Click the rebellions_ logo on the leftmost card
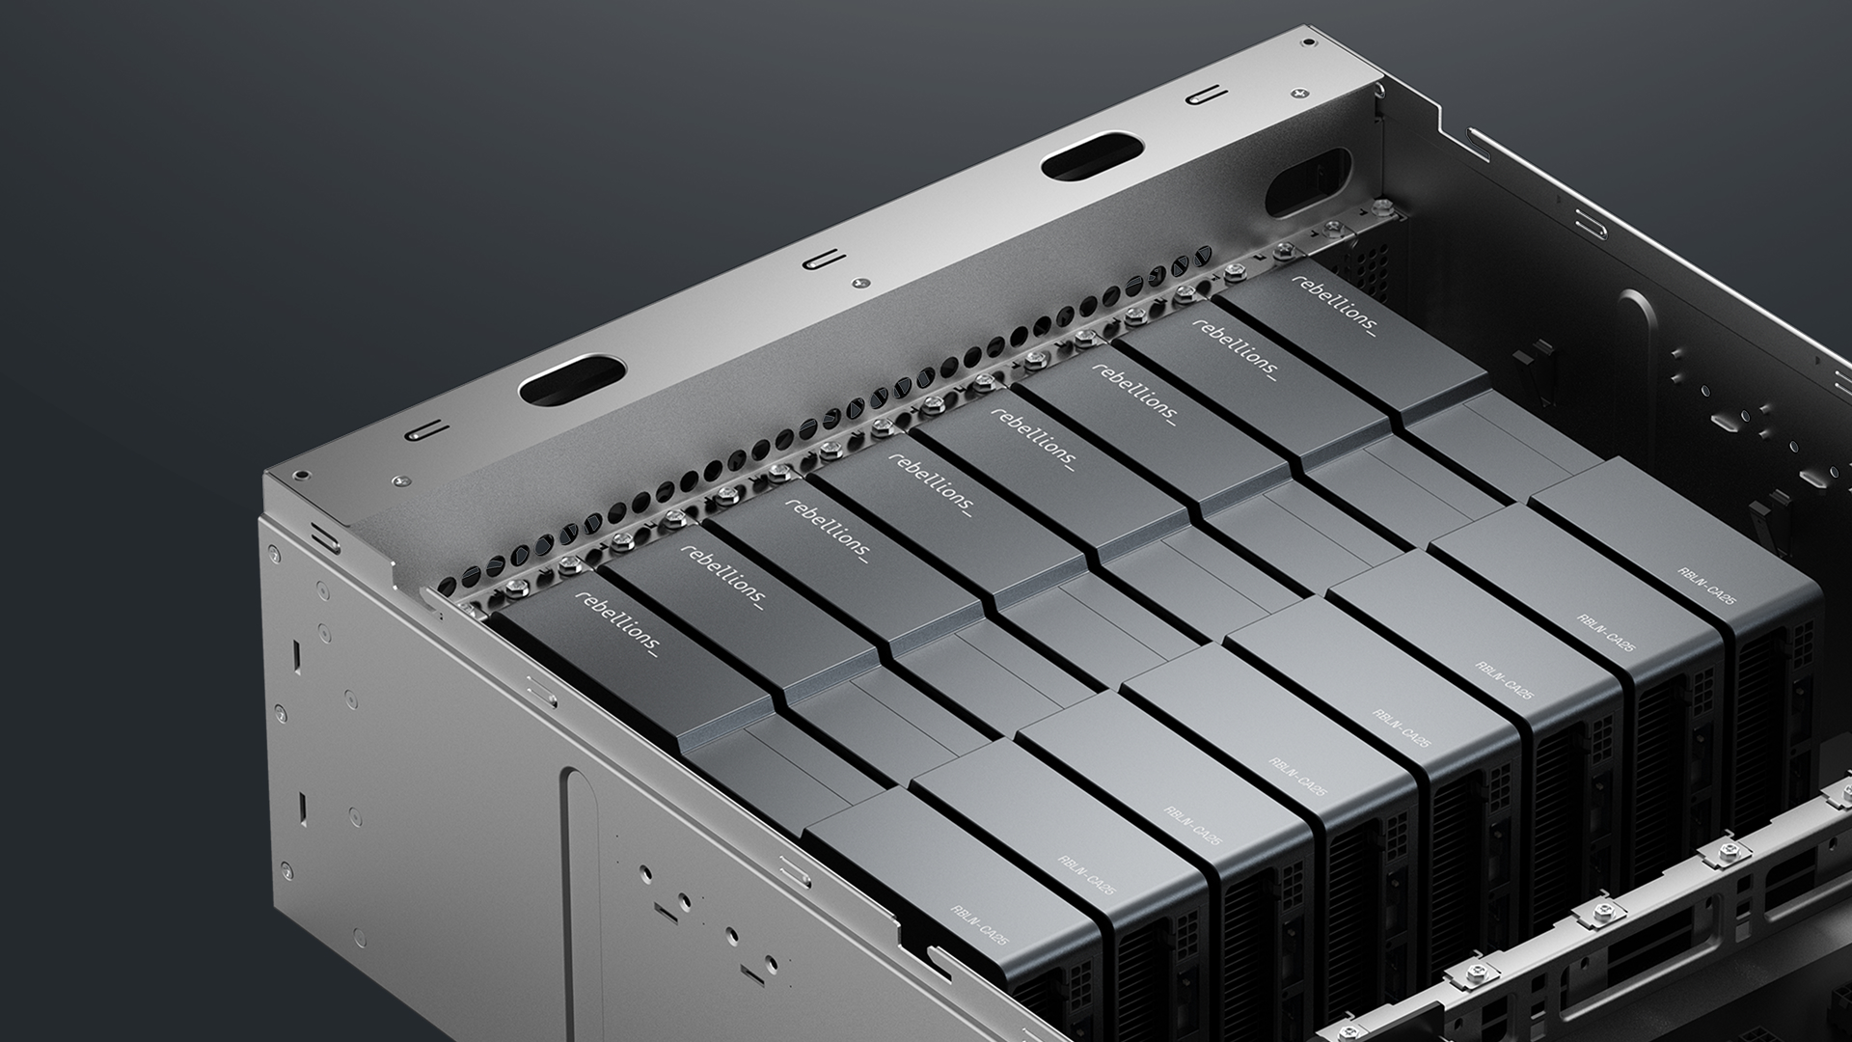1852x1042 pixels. [618, 623]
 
